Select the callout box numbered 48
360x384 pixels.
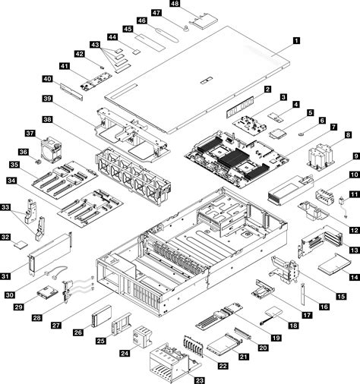point(175,5)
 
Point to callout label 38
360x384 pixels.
point(48,120)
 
